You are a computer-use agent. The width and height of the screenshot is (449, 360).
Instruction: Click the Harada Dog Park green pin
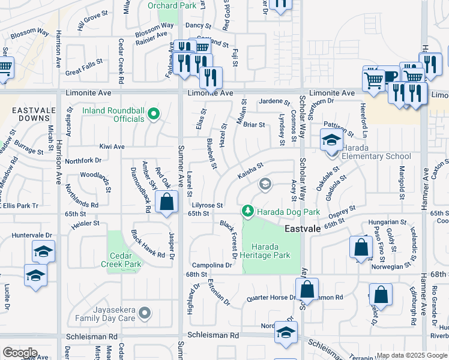(247, 211)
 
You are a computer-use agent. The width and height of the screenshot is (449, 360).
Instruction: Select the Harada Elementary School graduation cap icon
(331, 142)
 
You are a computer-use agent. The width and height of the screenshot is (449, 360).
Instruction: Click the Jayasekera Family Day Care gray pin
(144, 313)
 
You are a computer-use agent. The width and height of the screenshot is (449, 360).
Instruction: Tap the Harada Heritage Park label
(270, 251)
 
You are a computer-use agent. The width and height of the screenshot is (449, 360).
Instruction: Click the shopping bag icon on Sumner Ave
(167, 202)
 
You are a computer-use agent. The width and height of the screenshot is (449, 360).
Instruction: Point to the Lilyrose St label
(208, 205)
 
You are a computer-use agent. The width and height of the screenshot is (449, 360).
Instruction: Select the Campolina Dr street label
(212, 265)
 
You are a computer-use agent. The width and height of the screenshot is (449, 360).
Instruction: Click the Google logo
(20, 353)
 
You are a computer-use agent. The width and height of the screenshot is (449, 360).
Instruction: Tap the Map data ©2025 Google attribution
(412, 355)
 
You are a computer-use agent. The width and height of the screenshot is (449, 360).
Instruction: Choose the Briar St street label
(253, 125)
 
